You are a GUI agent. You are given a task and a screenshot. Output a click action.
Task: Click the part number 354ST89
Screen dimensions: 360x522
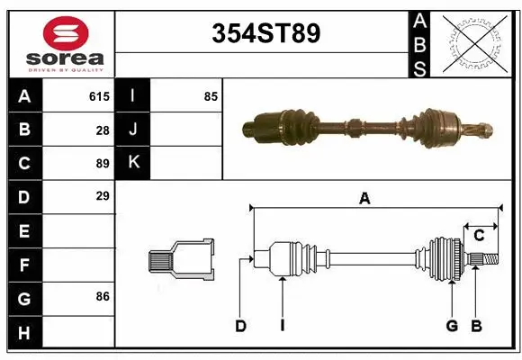point(265,33)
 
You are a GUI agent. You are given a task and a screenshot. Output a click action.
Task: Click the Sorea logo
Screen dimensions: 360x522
point(66,42)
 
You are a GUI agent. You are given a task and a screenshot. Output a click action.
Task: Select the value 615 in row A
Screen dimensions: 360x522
point(99,96)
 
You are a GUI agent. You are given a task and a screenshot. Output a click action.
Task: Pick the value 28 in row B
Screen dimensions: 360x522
point(103,130)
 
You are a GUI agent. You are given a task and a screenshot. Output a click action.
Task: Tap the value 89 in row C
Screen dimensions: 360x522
point(103,163)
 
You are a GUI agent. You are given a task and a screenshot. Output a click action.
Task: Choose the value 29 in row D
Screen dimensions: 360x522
point(103,195)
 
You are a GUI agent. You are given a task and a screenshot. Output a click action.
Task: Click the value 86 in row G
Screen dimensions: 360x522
point(103,295)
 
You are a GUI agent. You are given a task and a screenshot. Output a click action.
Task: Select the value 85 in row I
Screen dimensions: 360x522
point(211,96)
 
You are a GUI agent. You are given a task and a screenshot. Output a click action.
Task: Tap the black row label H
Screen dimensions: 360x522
point(24,333)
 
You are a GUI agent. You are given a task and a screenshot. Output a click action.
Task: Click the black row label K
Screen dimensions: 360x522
point(133,163)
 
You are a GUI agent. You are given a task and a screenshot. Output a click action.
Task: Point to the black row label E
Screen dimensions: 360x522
point(24,230)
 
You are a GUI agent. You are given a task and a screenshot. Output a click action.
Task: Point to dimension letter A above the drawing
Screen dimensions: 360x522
point(364,199)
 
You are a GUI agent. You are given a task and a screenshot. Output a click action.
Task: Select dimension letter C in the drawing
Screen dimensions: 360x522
point(479,236)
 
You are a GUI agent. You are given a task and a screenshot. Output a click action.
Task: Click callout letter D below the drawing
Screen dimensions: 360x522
point(240,325)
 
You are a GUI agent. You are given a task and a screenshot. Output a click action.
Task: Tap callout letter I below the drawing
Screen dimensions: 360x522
point(282,325)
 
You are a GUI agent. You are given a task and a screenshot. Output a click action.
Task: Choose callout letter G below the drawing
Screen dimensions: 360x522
point(452,325)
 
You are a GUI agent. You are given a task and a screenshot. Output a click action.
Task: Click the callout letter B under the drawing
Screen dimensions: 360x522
point(477,325)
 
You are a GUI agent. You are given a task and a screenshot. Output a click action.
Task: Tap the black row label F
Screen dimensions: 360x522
point(24,265)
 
